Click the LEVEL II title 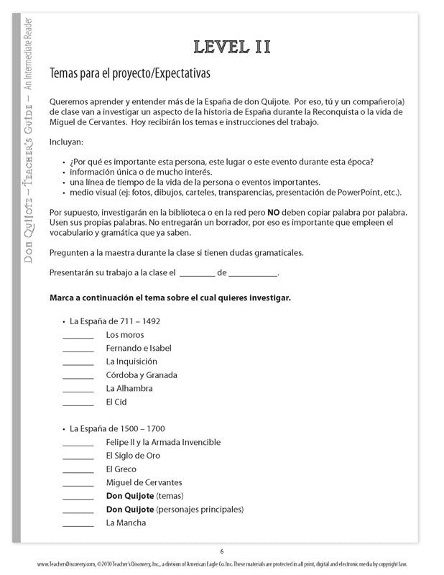(x=231, y=47)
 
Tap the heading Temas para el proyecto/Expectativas (x=129, y=73)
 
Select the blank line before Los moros (x=78, y=336)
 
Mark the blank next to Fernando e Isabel (x=78, y=349)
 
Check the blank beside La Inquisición (x=78, y=363)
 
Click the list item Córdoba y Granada (x=141, y=375)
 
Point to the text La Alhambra (x=129, y=389)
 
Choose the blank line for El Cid (x=78, y=403)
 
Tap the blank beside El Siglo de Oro (x=78, y=457)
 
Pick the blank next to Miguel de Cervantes (x=78, y=484)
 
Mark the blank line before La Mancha (x=78, y=524)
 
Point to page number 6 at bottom (x=222, y=551)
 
